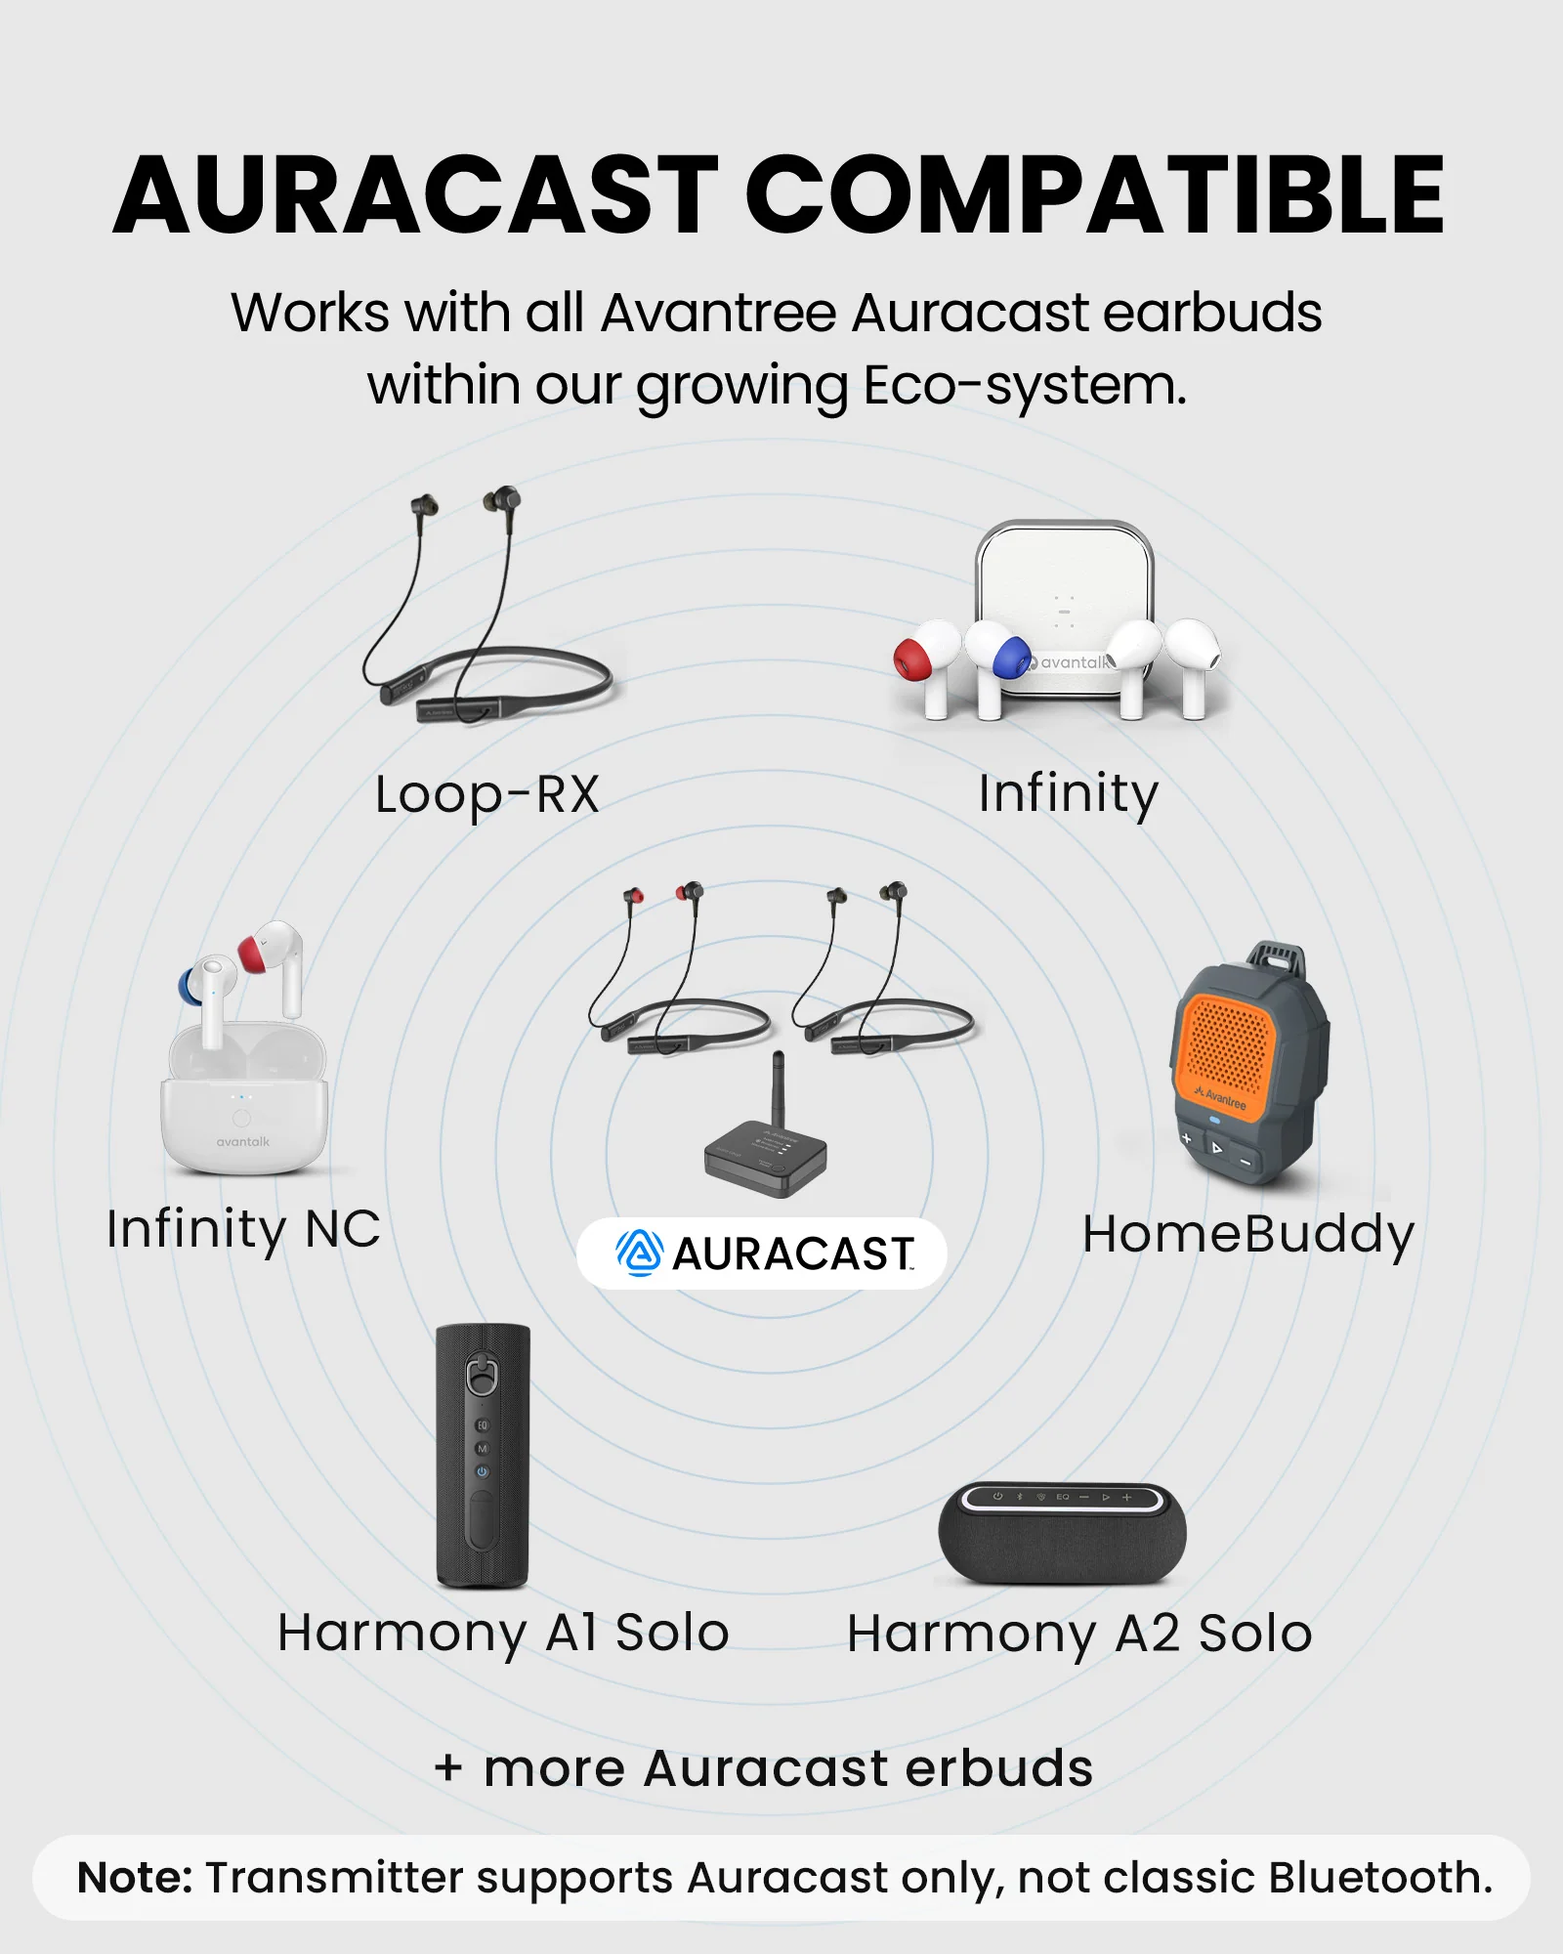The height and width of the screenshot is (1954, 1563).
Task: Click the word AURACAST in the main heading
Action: (x=415, y=196)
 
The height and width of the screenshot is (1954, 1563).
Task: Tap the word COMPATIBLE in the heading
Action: (x=1094, y=196)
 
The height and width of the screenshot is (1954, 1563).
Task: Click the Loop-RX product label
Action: (x=486, y=795)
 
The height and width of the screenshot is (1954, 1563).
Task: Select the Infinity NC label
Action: (x=243, y=1229)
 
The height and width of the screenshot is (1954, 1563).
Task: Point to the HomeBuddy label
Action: (x=1248, y=1235)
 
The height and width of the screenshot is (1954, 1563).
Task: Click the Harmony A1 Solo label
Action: (x=503, y=1634)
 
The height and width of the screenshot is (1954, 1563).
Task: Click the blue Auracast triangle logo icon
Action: (x=640, y=1253)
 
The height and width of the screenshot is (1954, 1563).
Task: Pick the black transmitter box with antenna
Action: (x=767, y=1159)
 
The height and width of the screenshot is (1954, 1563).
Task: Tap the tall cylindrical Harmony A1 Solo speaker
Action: (x=483, y=1456)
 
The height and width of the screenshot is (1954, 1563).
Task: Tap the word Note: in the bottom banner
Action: (x=135, y=1878)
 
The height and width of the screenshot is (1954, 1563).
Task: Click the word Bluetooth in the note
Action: (x=1379, y=1878)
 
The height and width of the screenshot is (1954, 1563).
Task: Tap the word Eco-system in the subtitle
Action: (x=1024, y=386)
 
